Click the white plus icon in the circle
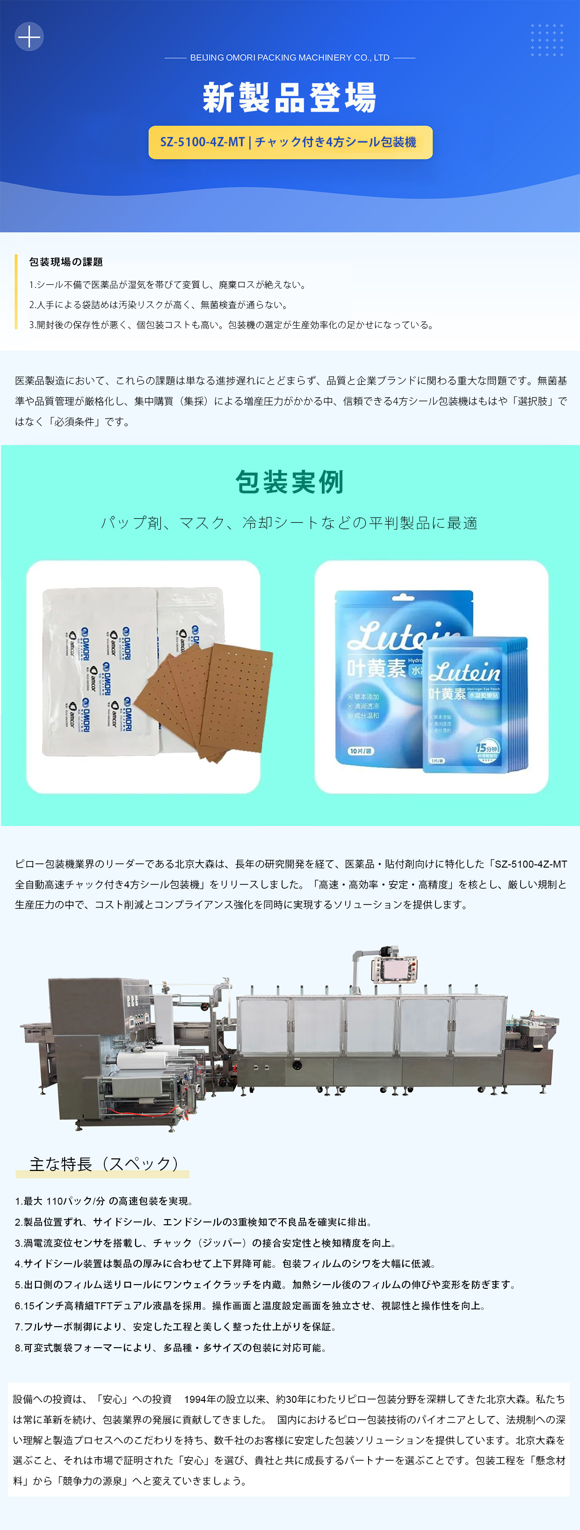pyautogui.click(x=29, y=37)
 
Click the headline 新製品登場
pyautogui.click(x=290, y=98)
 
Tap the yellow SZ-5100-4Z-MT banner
pyautogui.click(x=290, y=143)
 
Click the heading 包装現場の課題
pyautogui.click(x=66, y=262)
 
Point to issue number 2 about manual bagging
pyautogui.click(x=158, y=305)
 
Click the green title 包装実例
pyautogui.click(x=290, y=481)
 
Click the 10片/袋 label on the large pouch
pyautogui.click(x=361, y=751)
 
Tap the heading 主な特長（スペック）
pyautogui.click(x=104, y=1164)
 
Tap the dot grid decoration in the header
pyautogui.click(x=547, y=40)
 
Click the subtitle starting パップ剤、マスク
pyautogui.click(x=290, y=523)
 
